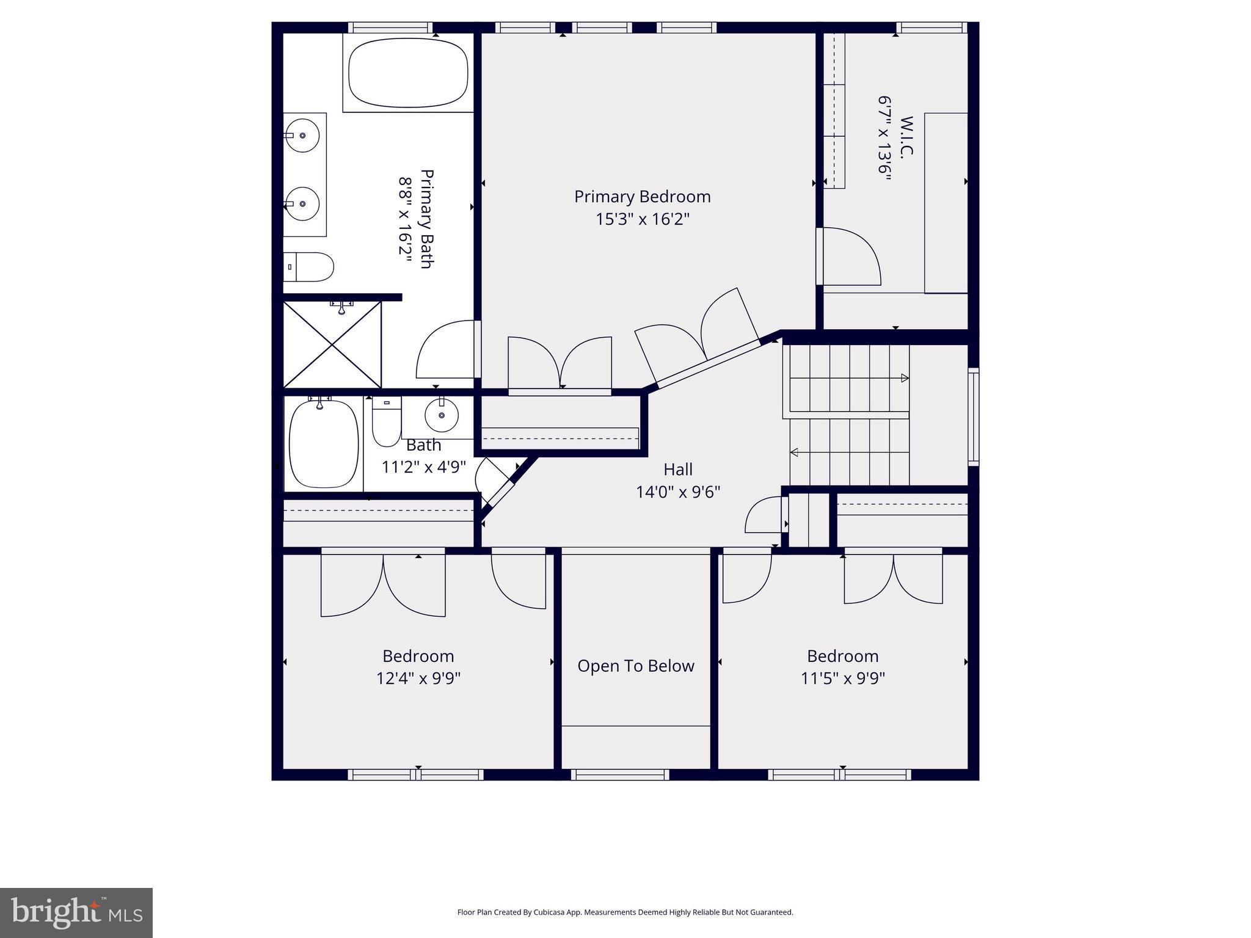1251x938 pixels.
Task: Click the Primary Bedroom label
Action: tap(642, 197)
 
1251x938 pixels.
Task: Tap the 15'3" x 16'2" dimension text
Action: tap(642, 219)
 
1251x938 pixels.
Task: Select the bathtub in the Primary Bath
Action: tap(408, 73)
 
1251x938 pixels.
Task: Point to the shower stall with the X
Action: tap(332, 344)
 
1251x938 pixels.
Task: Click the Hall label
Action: tap(677, 470)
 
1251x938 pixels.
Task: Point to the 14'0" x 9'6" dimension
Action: tap(677, 492)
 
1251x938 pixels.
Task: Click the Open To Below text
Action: tap(635, 666)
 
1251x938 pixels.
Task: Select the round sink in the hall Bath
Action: tap(441, 416)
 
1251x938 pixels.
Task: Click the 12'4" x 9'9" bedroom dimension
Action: tap(418, 678)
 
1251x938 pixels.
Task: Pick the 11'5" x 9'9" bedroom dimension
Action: tap(842, 678)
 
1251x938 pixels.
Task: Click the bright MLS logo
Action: tap(76, 912)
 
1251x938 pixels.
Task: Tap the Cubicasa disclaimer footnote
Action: tap(625, 912)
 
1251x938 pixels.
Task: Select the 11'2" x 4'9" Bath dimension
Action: tap(423, 467)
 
